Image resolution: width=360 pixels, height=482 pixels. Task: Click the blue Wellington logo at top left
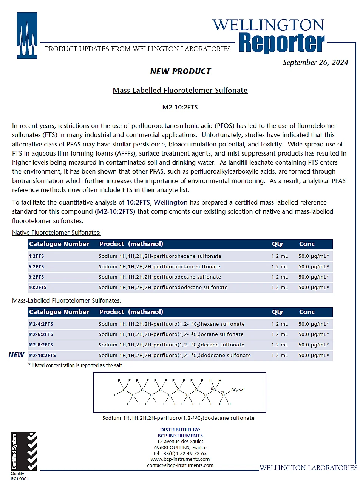[27, 35]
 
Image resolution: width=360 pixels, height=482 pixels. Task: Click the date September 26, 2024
[315, 63]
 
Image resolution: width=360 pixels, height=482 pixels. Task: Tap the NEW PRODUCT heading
[180, 71]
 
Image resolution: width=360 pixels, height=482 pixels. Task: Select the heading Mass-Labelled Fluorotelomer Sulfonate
[180, 90]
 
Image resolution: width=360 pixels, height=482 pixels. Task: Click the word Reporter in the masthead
[282, 43]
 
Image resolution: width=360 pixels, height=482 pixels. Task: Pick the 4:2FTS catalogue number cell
[36, 256]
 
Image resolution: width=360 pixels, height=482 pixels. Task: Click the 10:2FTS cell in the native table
[38, 288]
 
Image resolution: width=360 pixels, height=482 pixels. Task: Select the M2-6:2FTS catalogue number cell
[41, 334]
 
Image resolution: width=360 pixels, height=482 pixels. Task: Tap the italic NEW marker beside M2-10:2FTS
[16, 355]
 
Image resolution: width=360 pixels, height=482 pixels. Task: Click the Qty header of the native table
[277, 244]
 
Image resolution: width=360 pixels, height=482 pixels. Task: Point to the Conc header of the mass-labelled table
[307, 312]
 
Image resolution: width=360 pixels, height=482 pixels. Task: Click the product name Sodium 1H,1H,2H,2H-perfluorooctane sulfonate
[159, 267]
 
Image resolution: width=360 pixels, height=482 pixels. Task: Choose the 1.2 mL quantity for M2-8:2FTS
[280, 345]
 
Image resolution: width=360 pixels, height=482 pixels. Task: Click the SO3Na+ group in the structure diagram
[238, 390]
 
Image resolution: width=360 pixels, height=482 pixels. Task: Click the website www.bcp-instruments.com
[180, 459]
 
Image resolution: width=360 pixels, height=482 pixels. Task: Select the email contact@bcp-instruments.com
[180, 465]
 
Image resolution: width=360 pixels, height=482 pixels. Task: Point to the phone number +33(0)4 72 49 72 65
[180, 453]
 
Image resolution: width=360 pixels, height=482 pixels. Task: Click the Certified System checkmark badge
[23, 451]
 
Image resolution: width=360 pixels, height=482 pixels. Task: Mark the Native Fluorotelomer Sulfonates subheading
[56, 233]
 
